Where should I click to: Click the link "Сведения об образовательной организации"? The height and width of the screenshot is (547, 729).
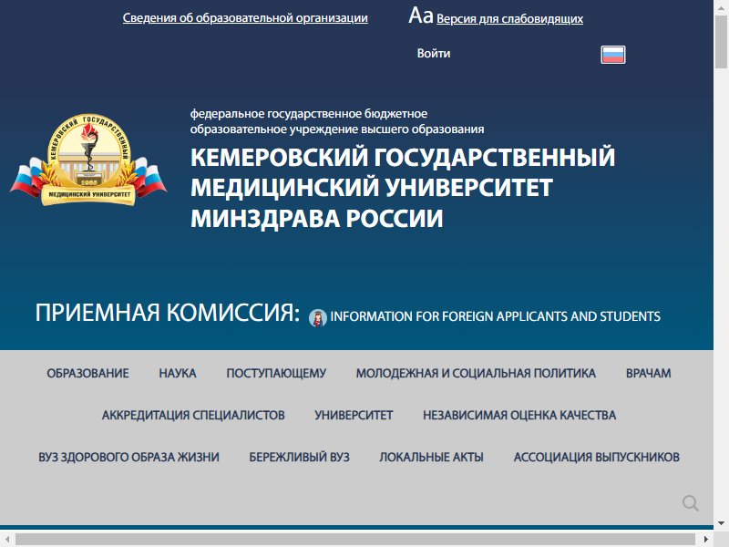tap(245, 18)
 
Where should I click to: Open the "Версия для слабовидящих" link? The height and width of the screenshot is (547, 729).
tap(509, 18)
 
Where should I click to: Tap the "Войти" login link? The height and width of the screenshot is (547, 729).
tap(434, 54)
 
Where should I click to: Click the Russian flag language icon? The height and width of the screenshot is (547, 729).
tap(612, 55)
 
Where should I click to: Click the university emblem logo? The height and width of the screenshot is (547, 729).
tap(88, 160)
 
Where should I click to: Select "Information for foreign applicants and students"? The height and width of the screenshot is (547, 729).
tap(495, 316)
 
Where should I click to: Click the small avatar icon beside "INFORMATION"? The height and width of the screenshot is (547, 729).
tap(317, 317)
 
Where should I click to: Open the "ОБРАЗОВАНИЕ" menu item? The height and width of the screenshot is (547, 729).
tap(87, 373)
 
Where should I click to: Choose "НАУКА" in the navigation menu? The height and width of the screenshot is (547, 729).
tap(178, 373)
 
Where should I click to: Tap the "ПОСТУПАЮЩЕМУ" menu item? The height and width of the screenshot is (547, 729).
tap(276, 373)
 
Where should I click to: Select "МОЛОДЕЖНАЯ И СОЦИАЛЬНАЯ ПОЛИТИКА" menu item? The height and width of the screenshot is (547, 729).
tap(476, 373)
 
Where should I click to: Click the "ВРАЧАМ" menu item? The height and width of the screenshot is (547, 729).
tap(648, 373)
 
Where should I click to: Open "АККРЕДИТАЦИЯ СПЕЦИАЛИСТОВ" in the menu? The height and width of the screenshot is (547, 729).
tap(193, 415)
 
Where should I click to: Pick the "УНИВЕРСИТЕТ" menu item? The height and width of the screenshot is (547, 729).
tap(354, 415)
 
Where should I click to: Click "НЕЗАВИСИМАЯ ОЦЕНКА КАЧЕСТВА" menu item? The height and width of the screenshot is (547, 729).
tap(519, 415)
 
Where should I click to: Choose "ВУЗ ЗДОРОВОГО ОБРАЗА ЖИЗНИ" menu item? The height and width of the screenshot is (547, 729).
tap(128, 457)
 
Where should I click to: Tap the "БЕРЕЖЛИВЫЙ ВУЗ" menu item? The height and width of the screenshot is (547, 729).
tap(299, 457)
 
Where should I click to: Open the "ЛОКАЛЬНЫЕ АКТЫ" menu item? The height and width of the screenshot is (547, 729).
tap(431, 457)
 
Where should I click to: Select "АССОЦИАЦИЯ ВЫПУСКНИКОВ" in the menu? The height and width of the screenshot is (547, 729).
tap(597, 457)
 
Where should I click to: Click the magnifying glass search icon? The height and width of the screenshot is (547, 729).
tap(691, 503)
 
